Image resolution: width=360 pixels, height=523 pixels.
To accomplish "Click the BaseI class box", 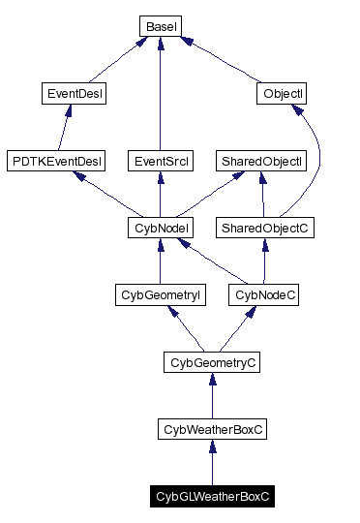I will tap(159, 25).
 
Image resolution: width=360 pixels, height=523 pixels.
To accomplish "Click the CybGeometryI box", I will tap(159, 294).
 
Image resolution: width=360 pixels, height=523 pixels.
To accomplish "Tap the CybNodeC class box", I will tap(263, 294).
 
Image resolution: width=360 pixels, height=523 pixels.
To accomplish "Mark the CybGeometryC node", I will tap(211, 362).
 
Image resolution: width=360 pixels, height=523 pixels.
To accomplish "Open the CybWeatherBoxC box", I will tap(211, 429).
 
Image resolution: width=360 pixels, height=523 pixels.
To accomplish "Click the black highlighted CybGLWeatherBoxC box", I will tap(211, 496).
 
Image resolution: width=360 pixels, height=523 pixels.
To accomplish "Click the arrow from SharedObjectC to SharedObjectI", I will tap(262, 194).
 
